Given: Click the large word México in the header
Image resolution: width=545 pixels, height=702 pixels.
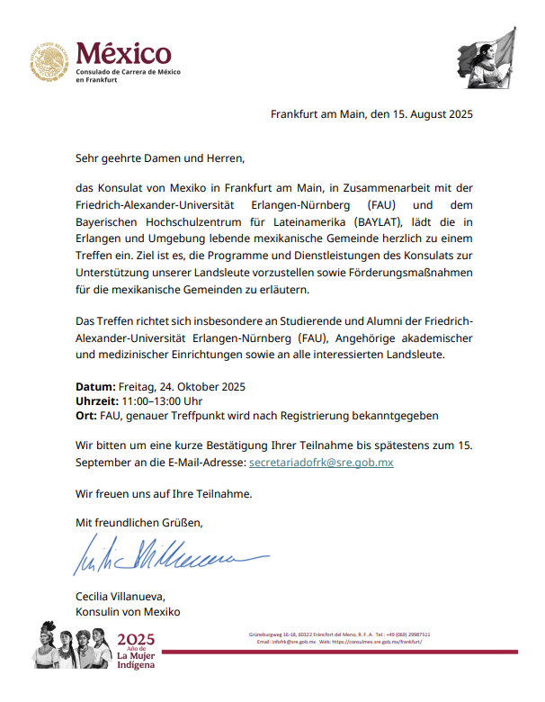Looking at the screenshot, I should pyautogui.click(x=123, y=53).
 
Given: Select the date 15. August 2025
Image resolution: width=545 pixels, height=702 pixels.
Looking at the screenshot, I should pyautogui.click(x=426, y=114).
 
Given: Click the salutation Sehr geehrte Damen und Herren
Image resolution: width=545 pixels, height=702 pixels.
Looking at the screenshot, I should pyautogui.click(x=160, y=159).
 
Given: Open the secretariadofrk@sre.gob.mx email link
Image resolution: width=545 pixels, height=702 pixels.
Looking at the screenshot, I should pyautogui.click(x=321, y=462).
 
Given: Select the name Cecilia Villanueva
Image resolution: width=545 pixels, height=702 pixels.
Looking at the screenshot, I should pyautogui.click(x=120, y=597).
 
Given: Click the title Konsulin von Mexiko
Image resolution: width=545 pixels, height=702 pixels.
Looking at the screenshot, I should pyautogui.click(x=128, y=612).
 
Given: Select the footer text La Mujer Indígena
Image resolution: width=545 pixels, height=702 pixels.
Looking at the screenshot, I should pyautogui.click(x=137, y=661).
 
